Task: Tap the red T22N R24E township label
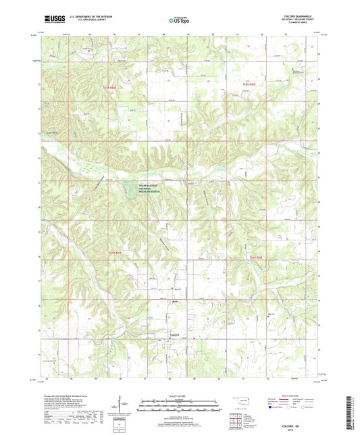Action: [x=110, y=88]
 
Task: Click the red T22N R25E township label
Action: [x=251, y=83]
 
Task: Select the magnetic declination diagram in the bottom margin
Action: [x=122, y=406]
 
